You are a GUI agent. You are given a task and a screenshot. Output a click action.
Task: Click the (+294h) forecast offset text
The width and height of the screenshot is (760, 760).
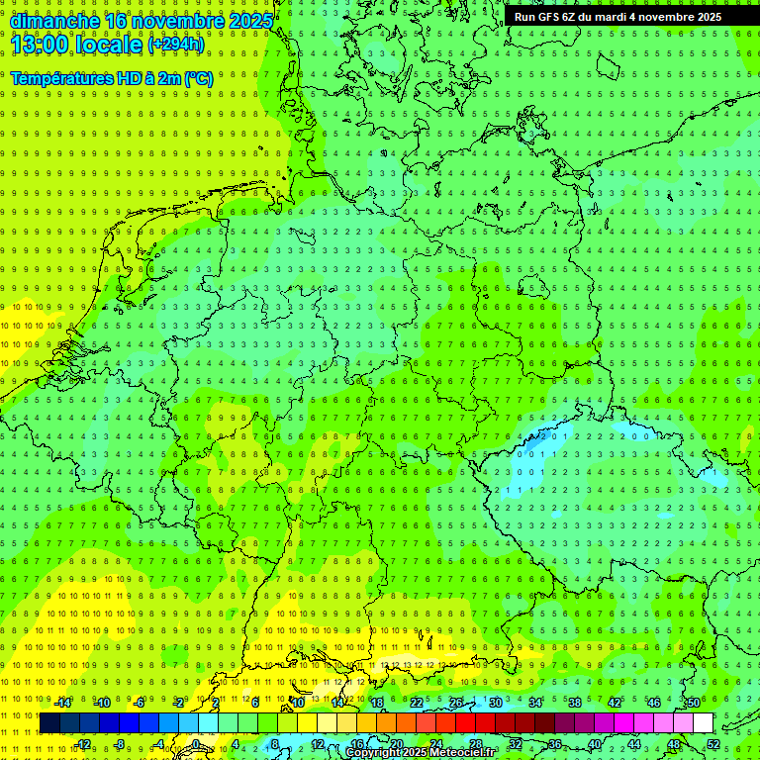pyautogui.click(x=176, y=45)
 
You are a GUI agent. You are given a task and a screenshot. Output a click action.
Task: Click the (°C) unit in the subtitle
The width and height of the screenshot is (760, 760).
pyautogui.click(x=198, y=78)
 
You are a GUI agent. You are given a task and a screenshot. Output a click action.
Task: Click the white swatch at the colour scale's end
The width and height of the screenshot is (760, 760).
pyautogui.click(x=703, y=723)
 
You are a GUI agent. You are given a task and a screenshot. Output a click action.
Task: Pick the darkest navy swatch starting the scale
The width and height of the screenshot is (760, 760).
pyautogui.click(x=49, y=723)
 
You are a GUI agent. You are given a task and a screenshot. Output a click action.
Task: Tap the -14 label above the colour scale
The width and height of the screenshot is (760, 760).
pyautogui.click(x=62, y=704)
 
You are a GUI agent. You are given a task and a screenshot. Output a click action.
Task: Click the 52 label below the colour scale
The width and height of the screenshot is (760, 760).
pyautogui.click(x=713, y=744)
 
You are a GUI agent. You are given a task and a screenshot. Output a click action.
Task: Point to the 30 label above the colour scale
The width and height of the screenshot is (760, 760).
pyautogui.click(x=496, y=704)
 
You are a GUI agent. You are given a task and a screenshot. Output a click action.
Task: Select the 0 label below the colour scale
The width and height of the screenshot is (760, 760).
pyautogui.click(x=196, y=744)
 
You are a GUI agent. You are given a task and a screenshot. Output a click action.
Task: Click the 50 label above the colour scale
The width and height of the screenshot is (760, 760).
pyautogui.click(x=694, y=704)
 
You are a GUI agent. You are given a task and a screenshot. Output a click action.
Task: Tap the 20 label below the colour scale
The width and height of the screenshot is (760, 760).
pyautogui.click(x=396, y=744)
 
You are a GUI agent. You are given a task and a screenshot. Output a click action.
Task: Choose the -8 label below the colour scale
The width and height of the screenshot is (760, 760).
pyautogui.click(x=118, y=744)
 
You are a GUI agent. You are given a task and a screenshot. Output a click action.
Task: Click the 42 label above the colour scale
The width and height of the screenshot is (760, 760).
pyautogui.click(x=615, y=704)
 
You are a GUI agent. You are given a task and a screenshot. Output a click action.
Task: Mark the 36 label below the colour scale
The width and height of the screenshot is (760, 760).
pyautogui.click(x=555, y=744)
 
